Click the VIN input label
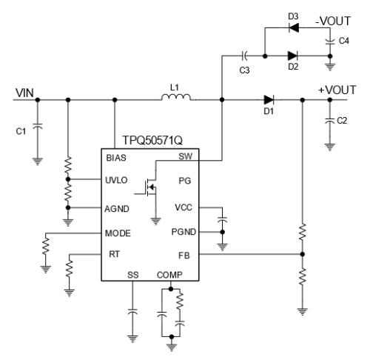click(24, 93)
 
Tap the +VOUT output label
click(337, 90)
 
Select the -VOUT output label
click(333, 21)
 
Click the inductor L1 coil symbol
click(176, 97)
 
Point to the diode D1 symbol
click(269, 100)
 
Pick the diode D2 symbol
click(292, 56)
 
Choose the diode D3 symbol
click(294, 27)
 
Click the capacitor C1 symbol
click(38, 126)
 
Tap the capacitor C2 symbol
click(330, 121)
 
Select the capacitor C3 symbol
click(244, 56)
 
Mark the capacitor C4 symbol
click(330, 41)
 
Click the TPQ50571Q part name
click(152, 140)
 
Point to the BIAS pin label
click(116, 158)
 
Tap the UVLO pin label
click(116, 180)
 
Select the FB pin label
click(184, 256)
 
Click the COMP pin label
click(169, 275)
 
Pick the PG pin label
click(185, 181)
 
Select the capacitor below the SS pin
click(132, 312)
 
